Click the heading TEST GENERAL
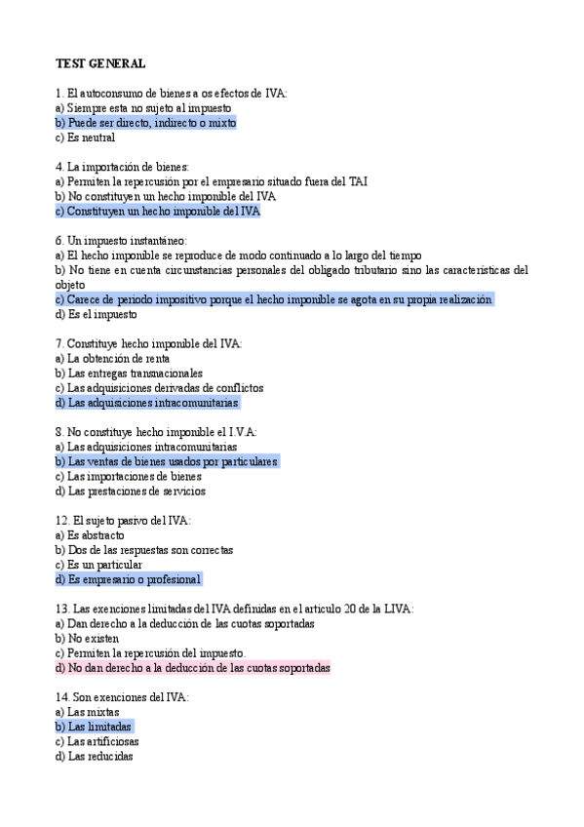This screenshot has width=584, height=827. click(100, 63)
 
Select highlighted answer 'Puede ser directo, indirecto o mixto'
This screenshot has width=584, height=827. click(146, 123)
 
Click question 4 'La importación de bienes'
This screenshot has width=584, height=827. click(123, 167)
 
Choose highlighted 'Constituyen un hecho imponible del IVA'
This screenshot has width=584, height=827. click(158, 211)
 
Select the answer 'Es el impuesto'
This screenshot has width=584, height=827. click(97, 314)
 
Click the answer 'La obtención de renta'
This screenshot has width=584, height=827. click(112, 358)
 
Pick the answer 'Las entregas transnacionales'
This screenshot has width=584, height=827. click(129, 373)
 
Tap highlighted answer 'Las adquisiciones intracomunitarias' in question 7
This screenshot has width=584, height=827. click(146, 402)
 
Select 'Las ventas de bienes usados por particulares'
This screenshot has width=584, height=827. click(167, 461)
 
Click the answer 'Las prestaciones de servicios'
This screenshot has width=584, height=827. click(131, 491)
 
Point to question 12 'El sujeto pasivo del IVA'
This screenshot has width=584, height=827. click(123, 521)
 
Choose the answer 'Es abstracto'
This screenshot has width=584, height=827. click(90, 535)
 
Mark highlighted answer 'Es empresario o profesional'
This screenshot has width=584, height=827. click(128, 579)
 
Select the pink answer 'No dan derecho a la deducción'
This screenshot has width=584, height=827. click(193, 668)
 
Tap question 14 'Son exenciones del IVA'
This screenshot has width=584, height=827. click(122, 697)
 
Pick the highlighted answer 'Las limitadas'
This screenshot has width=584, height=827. click(94, 727)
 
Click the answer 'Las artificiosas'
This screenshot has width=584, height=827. click(97, 741)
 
